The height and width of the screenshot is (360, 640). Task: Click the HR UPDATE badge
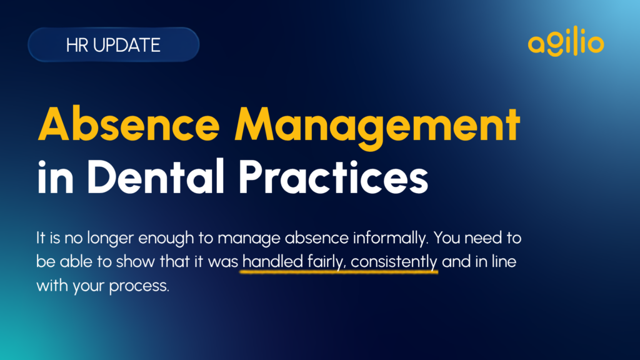tap(114, 44)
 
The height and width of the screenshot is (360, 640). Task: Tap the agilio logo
tap(566, 41)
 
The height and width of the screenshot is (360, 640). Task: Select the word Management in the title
tap(377, 126)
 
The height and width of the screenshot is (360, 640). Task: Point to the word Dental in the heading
tap(156, 176)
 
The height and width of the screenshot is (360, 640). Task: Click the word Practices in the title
tap(333, 176)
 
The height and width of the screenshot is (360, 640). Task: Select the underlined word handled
tap(272, 261)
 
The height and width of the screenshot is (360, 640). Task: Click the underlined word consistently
tap(394, 262)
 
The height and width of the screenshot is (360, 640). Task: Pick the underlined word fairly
tap(326, 262)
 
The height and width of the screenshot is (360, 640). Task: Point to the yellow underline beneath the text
tap(339, 271)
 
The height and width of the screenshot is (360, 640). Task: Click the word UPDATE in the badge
tap(126, 45)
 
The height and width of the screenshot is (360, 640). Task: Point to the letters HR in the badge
tap(77, 45)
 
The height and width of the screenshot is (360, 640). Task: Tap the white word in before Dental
tap(55, 177)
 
